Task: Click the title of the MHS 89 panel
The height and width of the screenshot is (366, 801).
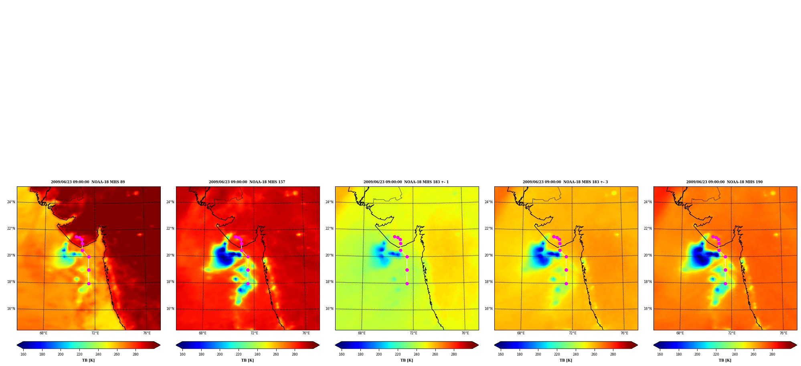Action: tap(88, 182)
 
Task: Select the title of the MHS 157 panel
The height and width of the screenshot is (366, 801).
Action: tap(247, 182)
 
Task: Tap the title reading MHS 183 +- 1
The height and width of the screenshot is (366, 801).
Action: tap(406, 182)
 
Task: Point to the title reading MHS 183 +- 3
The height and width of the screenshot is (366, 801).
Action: tap(565, 182)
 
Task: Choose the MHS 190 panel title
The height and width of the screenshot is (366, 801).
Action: tap(724, 182)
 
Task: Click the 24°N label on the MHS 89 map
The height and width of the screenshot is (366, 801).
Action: tap(11, 202)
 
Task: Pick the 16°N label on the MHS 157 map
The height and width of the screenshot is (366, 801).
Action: tap(170, 309)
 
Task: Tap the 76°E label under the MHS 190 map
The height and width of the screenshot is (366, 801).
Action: tap(783, 333)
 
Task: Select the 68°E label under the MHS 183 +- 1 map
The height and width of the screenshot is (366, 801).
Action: tap(362, 333)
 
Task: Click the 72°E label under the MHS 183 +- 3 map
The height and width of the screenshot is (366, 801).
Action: tap(572, 333)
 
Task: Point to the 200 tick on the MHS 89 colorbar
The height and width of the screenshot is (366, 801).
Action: tap(61, 354)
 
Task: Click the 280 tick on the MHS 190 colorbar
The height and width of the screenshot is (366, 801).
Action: tap(772, 354)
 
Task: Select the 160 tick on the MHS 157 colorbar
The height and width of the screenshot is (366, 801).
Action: tap(182, 354)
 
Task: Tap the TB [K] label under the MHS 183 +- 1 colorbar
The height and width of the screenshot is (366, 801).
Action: tap(407, 360)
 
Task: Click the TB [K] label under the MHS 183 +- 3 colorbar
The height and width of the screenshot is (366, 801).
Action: tap(566, 360)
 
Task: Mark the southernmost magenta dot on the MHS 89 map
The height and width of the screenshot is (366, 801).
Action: tap(89, 283)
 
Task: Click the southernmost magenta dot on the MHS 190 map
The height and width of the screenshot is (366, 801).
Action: tap(725, 283)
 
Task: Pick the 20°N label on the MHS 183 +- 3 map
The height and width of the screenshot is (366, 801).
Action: tap(489, 255)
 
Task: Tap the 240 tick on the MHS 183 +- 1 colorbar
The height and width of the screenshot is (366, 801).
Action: tap(417, 354)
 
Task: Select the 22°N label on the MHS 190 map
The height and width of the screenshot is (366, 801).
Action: tap(648, 228)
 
